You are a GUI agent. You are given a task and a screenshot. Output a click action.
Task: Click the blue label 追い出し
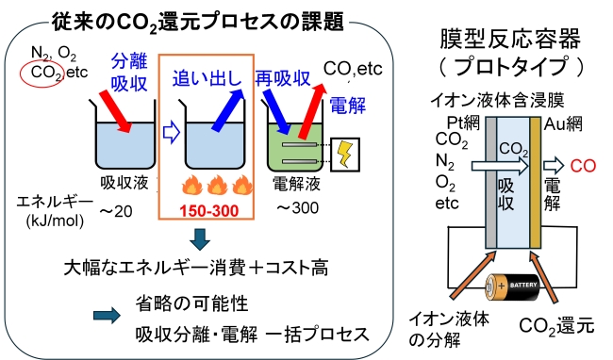[x=204, y=79]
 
